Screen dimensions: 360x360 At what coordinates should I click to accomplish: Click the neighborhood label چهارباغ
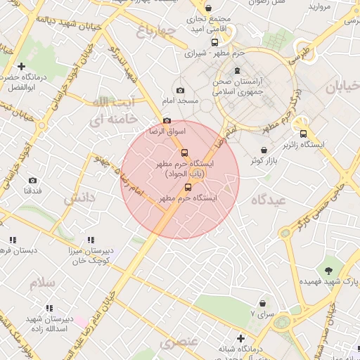[154, 30]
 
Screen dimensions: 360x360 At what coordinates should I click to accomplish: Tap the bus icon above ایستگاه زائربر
[303, 134]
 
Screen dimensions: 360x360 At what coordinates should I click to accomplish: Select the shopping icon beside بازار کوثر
[264, 150]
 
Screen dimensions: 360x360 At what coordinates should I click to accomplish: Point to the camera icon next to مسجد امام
[181, 91]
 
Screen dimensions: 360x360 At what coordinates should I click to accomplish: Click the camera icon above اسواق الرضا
[167, 121]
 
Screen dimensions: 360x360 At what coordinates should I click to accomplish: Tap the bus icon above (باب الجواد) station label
[184, 153]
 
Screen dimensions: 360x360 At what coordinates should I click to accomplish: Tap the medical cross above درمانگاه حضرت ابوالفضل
[22, 66]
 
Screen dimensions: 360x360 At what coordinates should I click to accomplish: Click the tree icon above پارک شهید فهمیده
[328, 270]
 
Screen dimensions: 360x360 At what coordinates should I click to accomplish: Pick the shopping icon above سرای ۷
[262, 303]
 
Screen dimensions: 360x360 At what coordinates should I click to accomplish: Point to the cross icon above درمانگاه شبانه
[240, 339]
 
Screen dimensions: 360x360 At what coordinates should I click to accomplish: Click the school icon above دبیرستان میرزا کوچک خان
[91, 240]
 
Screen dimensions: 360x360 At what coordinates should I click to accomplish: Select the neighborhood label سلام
[41, 283]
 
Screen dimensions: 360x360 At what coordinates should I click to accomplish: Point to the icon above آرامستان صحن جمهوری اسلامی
[236, 70]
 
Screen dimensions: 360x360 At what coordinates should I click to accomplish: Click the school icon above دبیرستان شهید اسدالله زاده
[50, 307]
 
